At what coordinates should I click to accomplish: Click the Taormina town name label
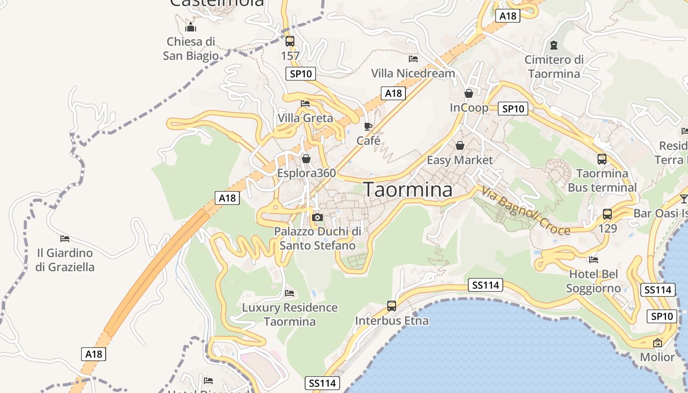click(407, 190)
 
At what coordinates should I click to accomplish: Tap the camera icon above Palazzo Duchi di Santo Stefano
click(317, 217)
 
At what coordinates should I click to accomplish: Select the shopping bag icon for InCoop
click(469, 93)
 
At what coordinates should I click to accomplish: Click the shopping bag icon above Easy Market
click(460, 145)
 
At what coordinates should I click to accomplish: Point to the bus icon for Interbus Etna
click(392, 306)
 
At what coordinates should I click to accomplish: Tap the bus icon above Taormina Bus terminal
click(602, 159)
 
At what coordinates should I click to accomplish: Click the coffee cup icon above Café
click(368, 126)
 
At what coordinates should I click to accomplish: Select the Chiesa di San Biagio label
click(191, 48)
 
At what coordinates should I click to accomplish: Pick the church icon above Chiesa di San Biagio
click(191, 27)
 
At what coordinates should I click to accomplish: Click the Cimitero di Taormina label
click(554, 67)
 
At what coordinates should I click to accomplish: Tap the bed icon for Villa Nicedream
click(413, 59)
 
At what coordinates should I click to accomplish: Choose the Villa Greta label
click(305, 118)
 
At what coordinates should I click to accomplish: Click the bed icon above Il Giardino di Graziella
click(65, 239)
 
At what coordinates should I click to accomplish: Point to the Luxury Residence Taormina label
click(290, 314)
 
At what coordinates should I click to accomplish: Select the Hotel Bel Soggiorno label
click(593, 281)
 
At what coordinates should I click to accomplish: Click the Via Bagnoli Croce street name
click(525, 211)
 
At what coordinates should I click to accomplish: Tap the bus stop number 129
click(607, 228)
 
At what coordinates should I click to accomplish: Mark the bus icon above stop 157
click(290, 41)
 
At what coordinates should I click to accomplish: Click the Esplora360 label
click(307, 173)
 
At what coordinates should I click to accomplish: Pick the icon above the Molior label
click(658, 343)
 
